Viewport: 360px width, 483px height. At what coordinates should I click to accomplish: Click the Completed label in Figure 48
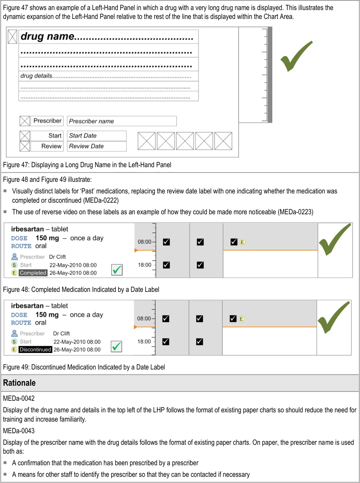click(33, 273)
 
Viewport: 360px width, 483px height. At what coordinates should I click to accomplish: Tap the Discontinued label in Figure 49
click(35, 349)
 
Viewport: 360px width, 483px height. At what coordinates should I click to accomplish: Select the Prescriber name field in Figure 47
click(122, 121)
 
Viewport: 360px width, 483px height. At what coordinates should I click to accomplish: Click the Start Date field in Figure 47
click(97, 136)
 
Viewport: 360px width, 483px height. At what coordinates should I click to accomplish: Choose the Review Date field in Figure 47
click(97, 146)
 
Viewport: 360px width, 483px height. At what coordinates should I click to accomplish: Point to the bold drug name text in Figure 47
click(47, 37)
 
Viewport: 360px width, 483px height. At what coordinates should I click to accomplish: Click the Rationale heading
click(19, 383)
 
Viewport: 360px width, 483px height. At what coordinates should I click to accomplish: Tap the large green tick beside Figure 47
click(296, 57)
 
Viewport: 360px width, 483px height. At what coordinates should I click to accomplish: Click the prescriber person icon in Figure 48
click(15, 257)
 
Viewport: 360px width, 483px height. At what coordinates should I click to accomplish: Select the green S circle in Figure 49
click(14, 342)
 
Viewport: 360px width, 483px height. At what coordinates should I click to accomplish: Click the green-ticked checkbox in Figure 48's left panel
click(117, 270)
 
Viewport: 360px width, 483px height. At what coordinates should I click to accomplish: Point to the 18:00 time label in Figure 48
click(145, 265)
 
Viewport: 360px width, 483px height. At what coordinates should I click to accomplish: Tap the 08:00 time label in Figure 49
click(144, 319)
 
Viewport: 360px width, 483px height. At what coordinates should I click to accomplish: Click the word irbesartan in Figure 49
click(27, 306)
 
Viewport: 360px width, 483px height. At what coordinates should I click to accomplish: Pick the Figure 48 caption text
click(81, 289)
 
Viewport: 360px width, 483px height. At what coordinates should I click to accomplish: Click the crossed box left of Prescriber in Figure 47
click(25, 121)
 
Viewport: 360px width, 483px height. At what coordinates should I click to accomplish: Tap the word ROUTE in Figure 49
click(21, 323)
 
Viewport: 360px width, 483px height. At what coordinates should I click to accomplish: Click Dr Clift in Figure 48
click(58, 257)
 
